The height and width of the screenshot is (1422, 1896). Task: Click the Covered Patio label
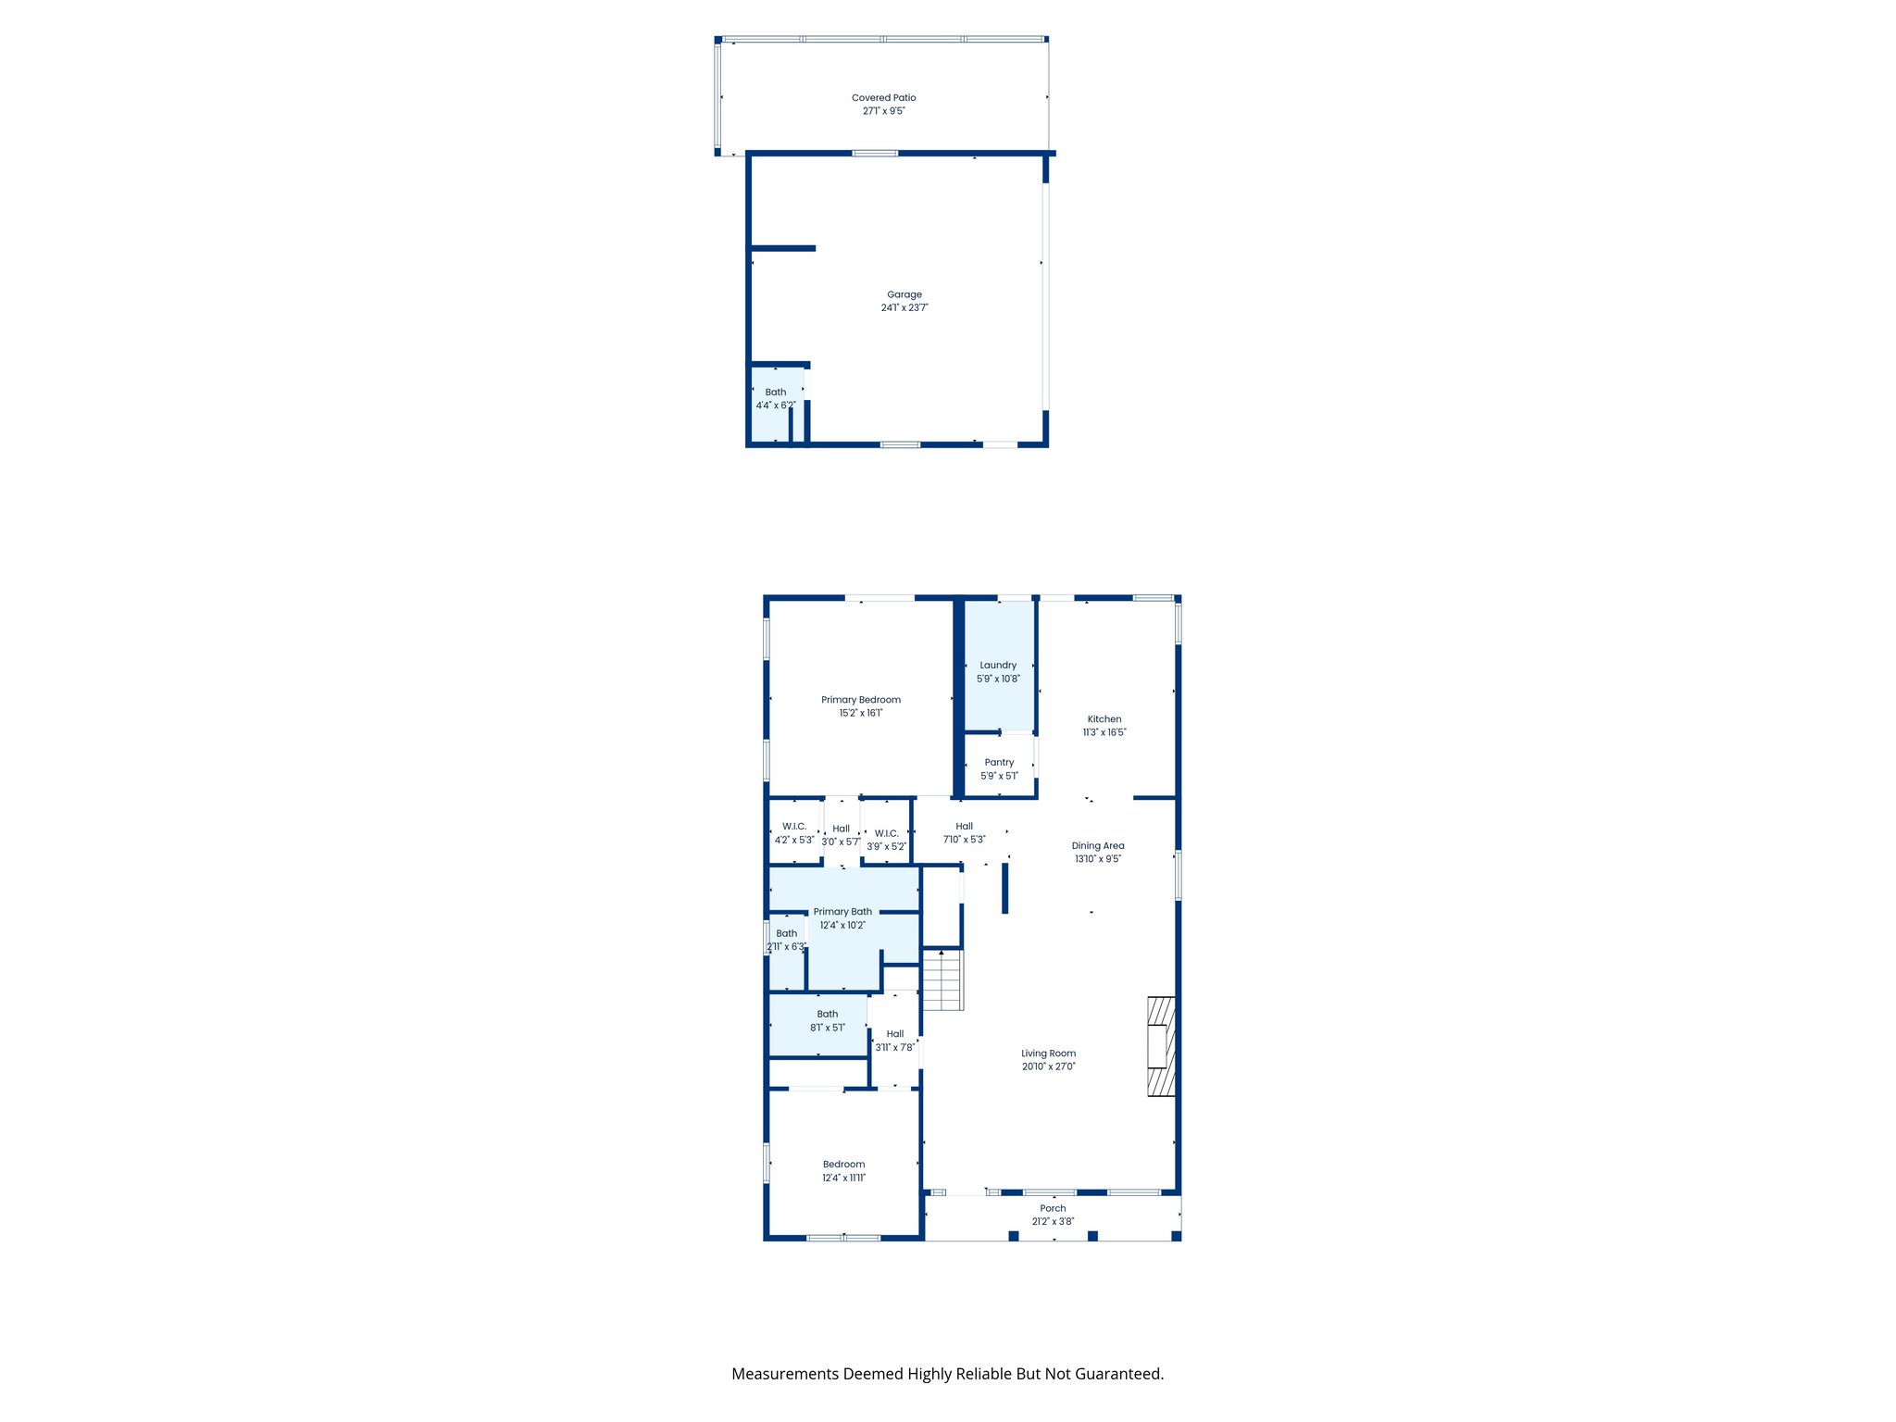[883, 97]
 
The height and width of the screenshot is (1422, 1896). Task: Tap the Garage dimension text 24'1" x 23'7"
[904, 308]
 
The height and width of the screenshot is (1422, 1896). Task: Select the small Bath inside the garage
[776, 399]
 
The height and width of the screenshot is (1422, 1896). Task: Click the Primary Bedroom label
[860, 700]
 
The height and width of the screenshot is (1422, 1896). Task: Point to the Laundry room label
[998, 666]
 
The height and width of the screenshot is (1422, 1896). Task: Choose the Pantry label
[999, 763]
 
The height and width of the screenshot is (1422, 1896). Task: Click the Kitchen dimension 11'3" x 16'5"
[1104, 732]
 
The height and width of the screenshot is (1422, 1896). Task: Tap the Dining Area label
[1098, 845]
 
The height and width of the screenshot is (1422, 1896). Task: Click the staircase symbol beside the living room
[943, 980]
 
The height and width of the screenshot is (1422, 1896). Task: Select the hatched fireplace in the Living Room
[1161, 1046]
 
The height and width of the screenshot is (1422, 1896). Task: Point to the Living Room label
[1048, 1054]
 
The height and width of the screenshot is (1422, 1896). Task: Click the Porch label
[1053, 1208]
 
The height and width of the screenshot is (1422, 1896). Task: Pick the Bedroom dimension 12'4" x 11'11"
[843, 1179]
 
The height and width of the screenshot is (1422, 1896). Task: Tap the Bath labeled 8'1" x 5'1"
[827, 1021]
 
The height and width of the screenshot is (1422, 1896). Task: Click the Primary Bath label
[842, 912]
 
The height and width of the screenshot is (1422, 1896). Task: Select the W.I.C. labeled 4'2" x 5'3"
[794, 833]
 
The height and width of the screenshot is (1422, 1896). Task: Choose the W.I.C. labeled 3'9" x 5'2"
[886, 840]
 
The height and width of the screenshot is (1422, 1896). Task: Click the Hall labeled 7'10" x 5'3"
[964, 833]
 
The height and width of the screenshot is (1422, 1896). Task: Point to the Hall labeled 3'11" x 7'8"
[894, 1041]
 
